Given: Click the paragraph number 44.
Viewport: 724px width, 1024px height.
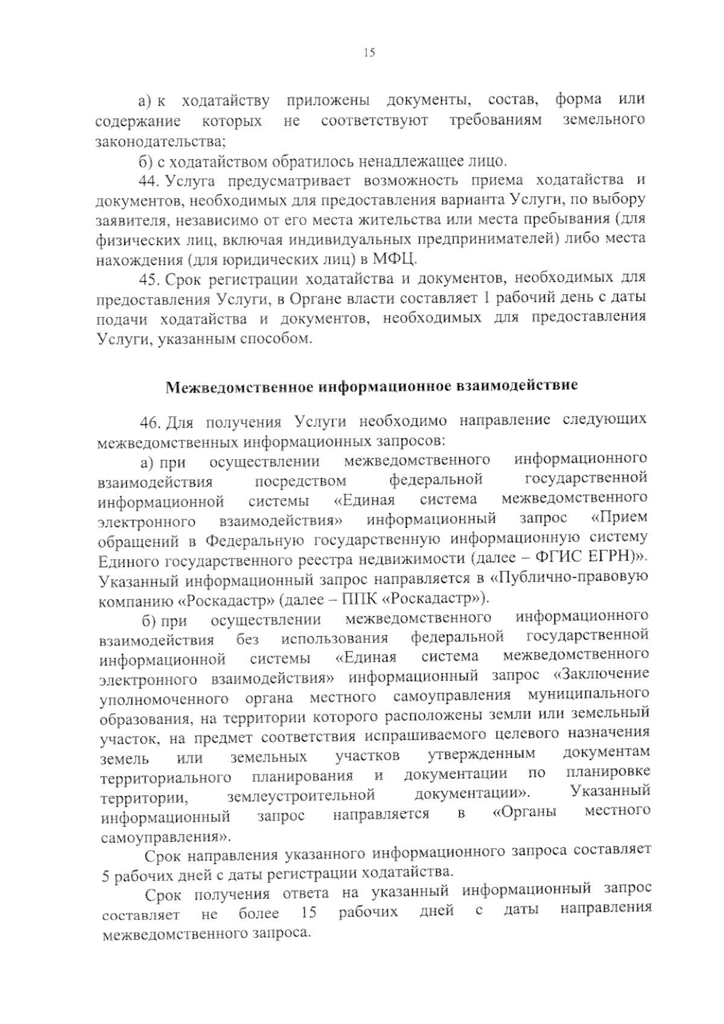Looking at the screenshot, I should pos(149,181).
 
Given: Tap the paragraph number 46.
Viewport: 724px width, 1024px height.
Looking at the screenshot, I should pos(150,421).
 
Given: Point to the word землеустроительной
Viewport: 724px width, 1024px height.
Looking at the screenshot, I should pos(301,796).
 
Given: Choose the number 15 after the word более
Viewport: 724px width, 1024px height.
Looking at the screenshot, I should pos(308,913).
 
